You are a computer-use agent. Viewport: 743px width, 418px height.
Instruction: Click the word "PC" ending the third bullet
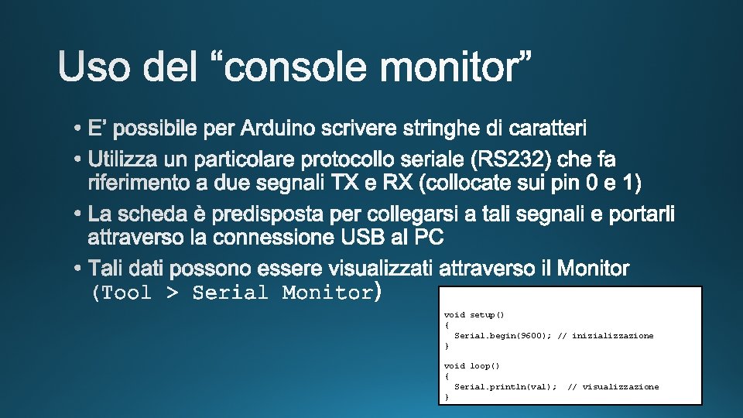[429, 235]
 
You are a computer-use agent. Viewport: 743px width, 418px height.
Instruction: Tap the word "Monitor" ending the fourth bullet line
[593, 269]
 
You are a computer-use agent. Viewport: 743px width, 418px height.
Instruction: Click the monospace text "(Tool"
[121, 293]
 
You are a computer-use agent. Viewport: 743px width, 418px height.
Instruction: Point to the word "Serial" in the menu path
[230, 293]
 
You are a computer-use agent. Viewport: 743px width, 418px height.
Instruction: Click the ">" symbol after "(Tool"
[173, 293]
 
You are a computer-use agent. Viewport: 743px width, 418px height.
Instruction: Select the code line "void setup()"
[474, 315]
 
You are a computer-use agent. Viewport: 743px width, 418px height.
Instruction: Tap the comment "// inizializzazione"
[605, 335]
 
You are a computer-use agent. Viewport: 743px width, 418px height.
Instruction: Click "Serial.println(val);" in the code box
[505, 386]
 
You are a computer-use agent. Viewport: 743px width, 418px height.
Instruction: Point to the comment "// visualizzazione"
[613, 386]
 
